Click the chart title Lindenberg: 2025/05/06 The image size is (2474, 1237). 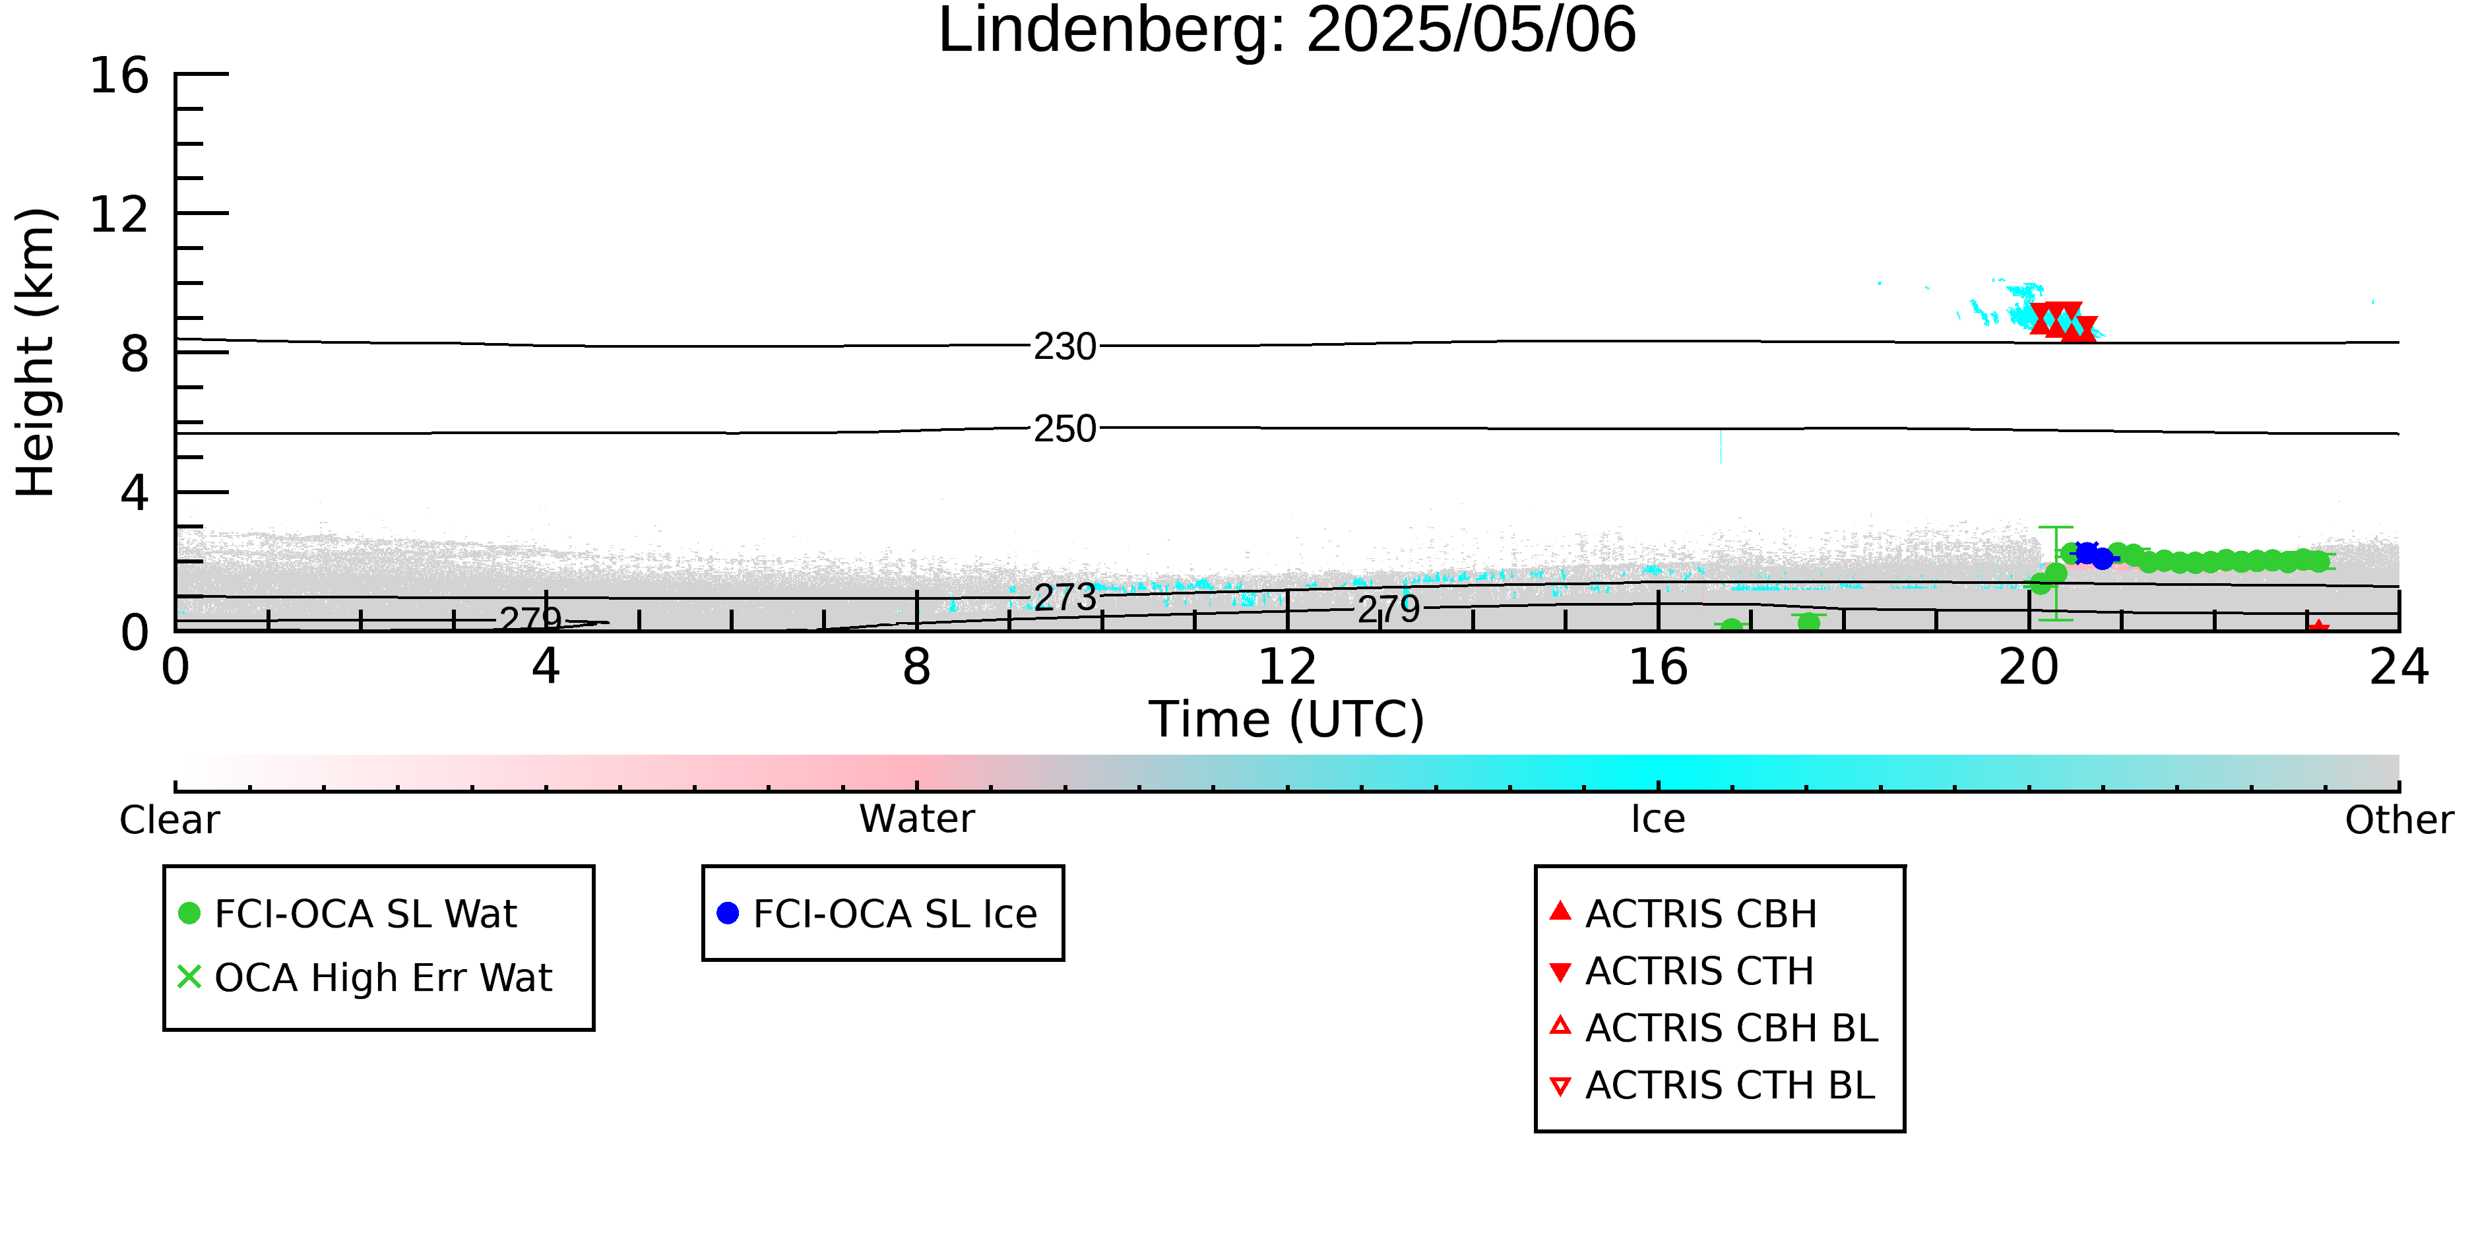1287,31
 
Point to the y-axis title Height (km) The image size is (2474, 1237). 36,352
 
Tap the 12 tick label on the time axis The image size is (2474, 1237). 1287,666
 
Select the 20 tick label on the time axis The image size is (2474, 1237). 2029,666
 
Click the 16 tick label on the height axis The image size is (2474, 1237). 119,75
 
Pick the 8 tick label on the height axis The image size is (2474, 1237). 135,354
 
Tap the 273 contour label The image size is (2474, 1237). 1065,597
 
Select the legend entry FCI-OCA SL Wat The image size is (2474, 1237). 348,913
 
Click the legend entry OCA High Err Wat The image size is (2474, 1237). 365,978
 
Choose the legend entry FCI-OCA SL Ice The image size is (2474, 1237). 877,913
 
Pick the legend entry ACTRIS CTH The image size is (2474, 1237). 1682,971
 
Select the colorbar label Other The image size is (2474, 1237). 2399,820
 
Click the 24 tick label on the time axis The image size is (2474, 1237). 2399,666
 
